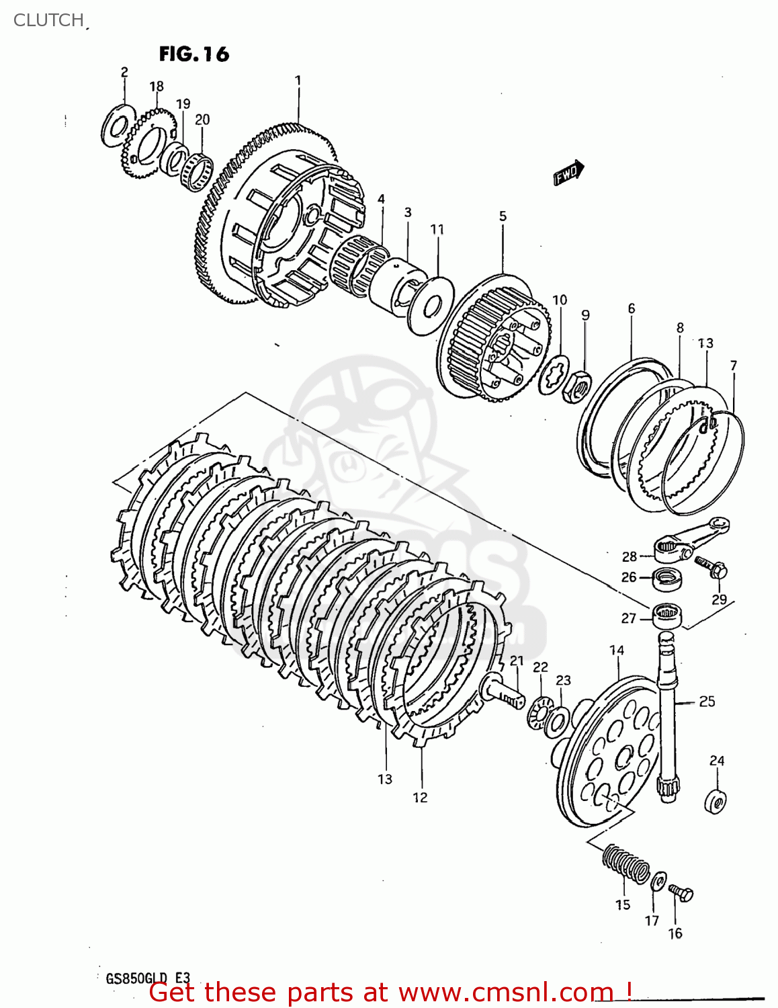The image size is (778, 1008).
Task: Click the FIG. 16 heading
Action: tap(194, 54)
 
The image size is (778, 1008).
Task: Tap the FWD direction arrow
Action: tap(568, 173)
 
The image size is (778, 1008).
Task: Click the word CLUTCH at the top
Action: tap(48, 20)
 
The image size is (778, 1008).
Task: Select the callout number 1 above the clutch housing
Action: tap(298, 81)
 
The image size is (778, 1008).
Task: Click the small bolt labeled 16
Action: tap(682, 893)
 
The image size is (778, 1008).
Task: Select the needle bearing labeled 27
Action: tap(667, 615)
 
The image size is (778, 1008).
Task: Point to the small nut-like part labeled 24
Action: tap(716, 801)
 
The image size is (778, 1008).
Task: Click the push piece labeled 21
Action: tap(501, 692)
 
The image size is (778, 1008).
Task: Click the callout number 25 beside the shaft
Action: tap(707, 702)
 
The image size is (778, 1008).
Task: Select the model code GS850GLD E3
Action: tap(148, 978)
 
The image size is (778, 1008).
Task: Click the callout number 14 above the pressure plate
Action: tap(617, 650)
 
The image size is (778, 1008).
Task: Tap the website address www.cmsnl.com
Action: tap(505, 993)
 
